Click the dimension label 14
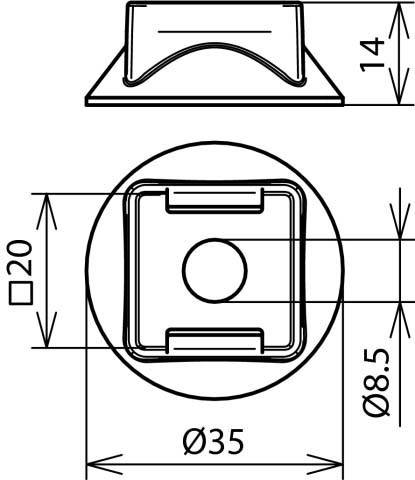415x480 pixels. [372, 54]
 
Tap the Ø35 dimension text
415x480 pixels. [213, 441]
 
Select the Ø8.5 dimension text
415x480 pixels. [376, 382]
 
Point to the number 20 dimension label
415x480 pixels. [20, 257]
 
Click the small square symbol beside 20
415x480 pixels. [21, 293]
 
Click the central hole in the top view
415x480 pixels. [215, 271]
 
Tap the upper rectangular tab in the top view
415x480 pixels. [215, 200]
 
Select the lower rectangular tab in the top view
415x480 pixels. [215, 341]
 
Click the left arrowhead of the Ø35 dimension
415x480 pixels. [104, 464]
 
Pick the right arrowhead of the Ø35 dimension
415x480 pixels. [325, 464]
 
